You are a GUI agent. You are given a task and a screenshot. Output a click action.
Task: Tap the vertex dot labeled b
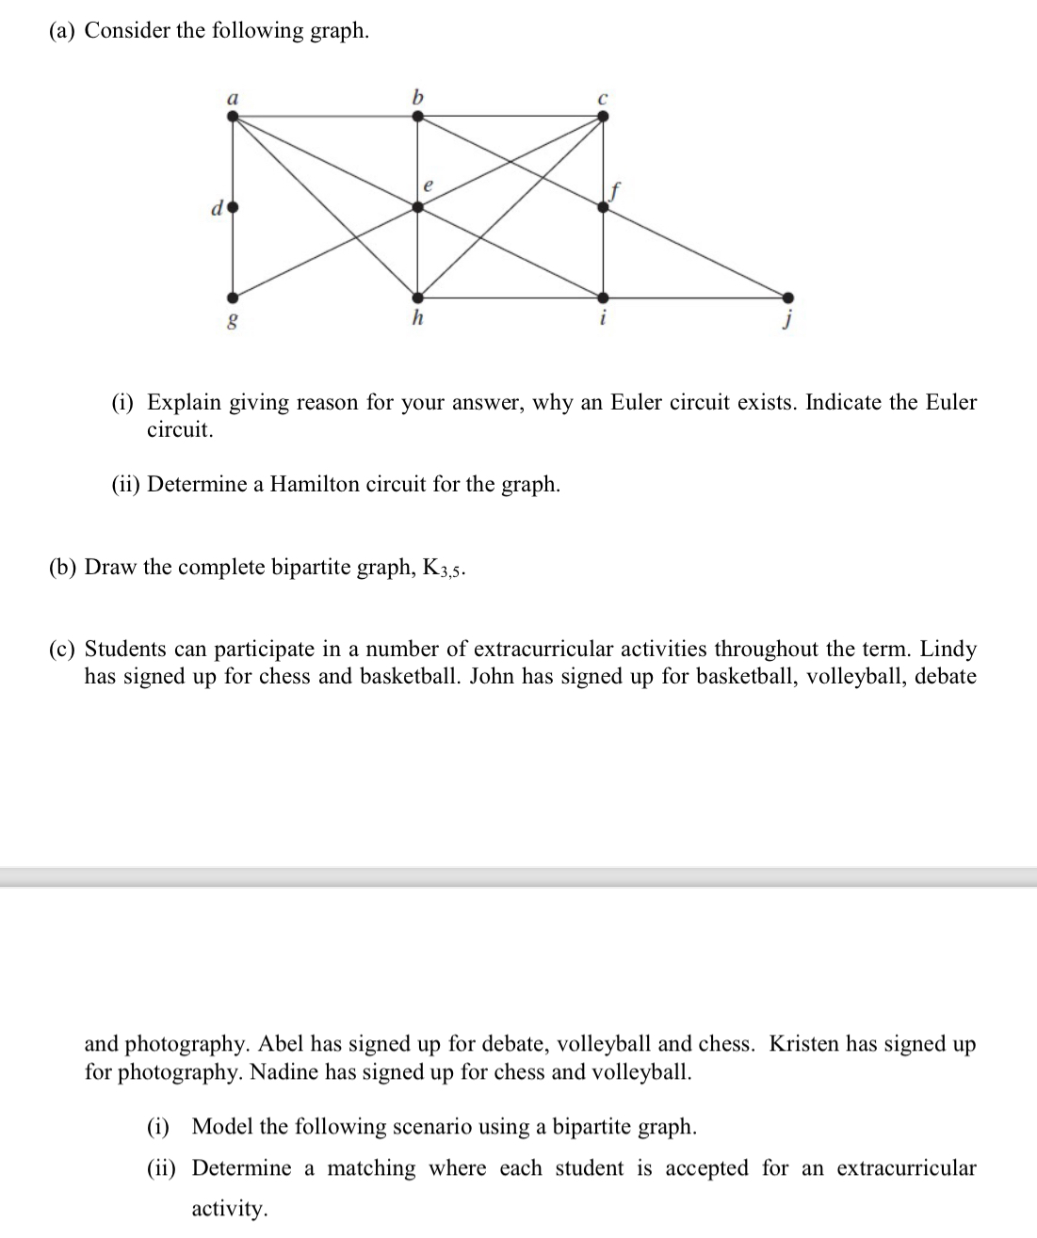point(418,116)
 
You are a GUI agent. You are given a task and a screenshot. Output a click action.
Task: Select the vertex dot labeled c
point(604,116)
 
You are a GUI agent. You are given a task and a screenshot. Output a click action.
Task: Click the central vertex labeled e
point(418,207)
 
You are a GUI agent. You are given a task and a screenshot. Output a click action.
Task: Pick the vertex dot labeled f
point(604,207)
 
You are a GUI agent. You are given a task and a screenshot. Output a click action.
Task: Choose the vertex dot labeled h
point(418,295)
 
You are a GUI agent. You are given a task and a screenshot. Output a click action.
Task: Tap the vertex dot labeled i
point(604,295)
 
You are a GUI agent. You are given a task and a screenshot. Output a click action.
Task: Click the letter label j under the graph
point(788,321)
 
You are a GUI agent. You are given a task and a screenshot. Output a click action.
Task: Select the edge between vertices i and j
point(697,295)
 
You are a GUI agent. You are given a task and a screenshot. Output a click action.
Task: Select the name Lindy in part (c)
point(948,649)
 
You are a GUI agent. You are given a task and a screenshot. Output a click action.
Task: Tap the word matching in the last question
point(371,1168)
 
